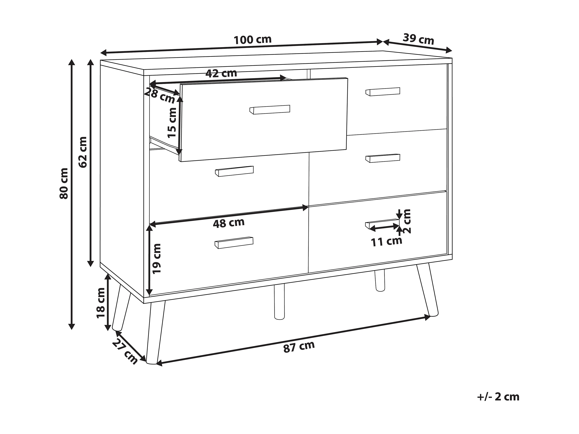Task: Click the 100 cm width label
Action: [x=252, y=40]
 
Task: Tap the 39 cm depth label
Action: [x=418, y=39]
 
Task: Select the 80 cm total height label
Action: [x=64, y=184]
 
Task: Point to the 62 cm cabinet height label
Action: [x=83, y=152]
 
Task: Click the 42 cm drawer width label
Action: [x=221, y=73]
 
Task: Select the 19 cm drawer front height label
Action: [x=157, y=259]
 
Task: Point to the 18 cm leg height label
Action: [x=101, y=303]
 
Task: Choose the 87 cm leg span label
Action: [x=299, y=347]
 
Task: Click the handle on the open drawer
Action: [x=270, y=110]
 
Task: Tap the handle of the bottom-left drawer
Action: [x=234, y=243]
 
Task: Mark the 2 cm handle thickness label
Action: [x=407, y=221]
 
